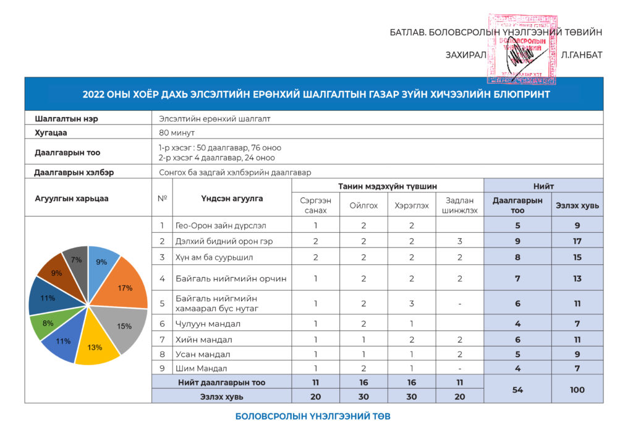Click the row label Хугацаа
click(x=51, y=132)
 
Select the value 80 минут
click(x=177, y=132)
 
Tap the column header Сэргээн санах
click(x=315, y=205)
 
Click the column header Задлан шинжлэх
click(x=459, y=205)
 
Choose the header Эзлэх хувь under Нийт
click(x=577, y=205)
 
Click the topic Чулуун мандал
click(x=208, y=324)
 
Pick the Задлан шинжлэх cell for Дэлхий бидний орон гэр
click(x=459, y=241)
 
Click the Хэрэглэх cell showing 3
click(x=411, y=303)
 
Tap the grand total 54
click(x=517, y=389)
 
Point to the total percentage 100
click(x=577, y=389)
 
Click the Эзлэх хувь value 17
click(x=577, y=241)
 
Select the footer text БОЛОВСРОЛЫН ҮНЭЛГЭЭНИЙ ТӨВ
click(x=313, y=416)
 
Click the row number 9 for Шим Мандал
click(x=162, y=368)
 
